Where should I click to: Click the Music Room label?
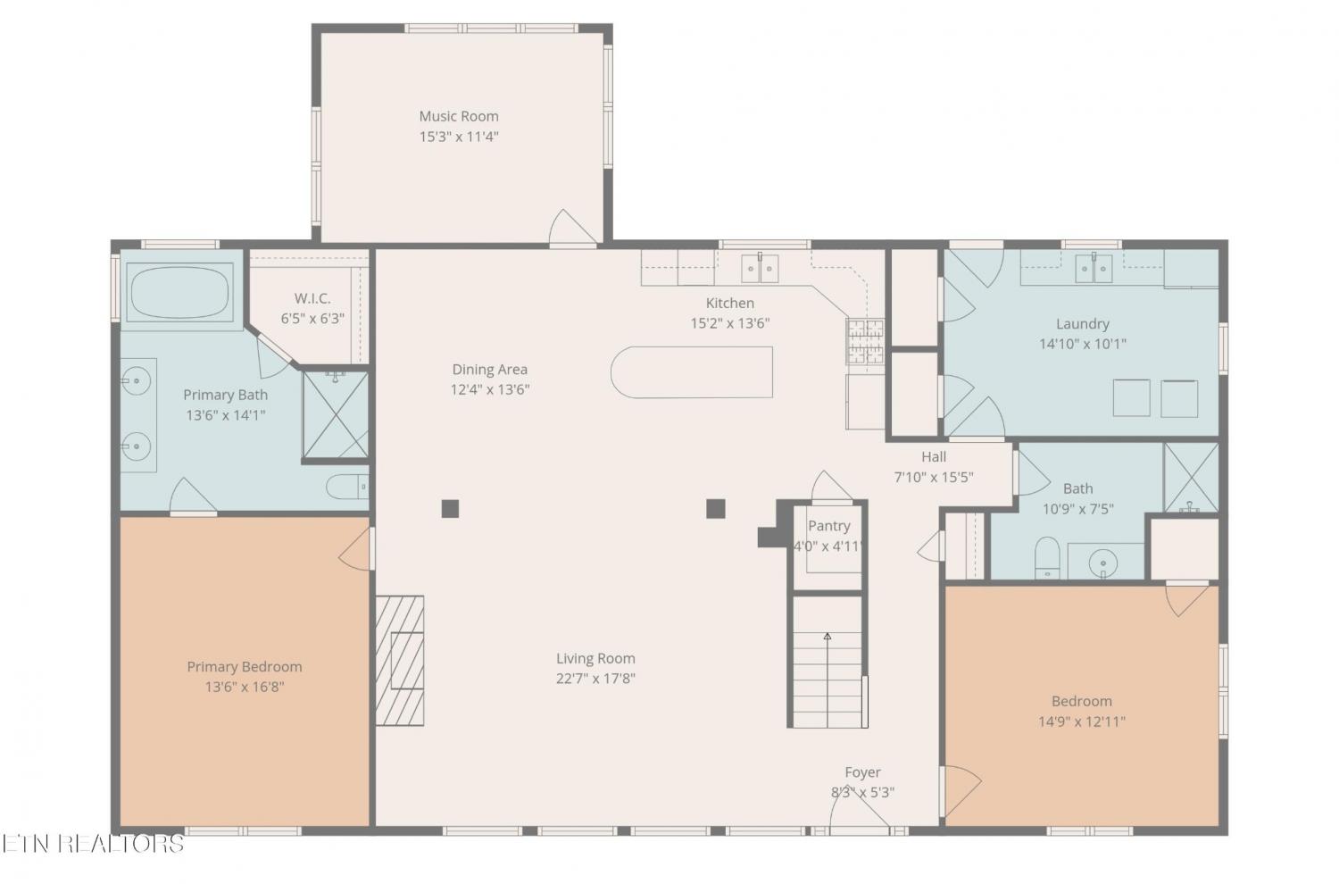click(x=459, y=116)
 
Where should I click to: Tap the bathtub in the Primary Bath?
click(x=179, y=293)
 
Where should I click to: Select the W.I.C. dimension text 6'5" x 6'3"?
click(x=312, y=318)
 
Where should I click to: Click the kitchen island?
click(x=692, y=372)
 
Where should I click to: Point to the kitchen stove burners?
click(x=865, y=341)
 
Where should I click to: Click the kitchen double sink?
click(x=760, y=269)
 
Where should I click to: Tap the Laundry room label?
click(x=1083, y=323)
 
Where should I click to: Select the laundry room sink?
click(x=1094, y=269)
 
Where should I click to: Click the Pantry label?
click(x=828, y=526)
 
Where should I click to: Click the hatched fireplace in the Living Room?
click(x=400, y=661)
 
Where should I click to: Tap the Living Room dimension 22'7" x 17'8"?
click(x=595, y=679)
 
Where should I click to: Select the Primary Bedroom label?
click(x=245, y=666)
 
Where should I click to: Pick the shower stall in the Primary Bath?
click(x=336, y=415)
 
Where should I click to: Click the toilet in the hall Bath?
click(x=1047, y=557)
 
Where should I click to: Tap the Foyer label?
click(x=862, y=772)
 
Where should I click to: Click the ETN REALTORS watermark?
click(x=93, y=844)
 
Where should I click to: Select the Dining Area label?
click(x=489, y=369)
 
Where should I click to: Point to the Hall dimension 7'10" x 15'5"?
click(x=934, y=478)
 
